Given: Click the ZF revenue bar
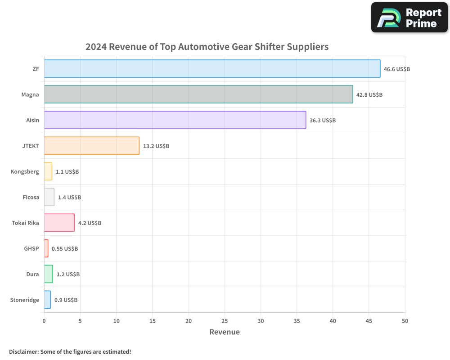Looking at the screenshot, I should [x=212, y=69].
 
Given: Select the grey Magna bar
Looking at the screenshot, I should [x=198, y=94].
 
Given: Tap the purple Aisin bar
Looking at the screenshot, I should [x=175, y=120].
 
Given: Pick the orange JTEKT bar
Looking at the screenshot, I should [x=92, y=146].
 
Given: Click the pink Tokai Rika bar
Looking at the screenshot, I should [x=59, y=223].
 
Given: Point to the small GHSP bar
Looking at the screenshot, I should [x=46, y=248].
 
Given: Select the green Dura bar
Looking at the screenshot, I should [x=49, y=274].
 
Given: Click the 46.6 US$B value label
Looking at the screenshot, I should [x=397, y=69].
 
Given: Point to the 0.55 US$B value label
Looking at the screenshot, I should [x=65, y=249].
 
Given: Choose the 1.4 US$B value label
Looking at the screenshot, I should [x=69, y=198].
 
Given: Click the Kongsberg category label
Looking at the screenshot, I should [x=25, y=172].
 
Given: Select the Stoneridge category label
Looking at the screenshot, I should [x=24, y=300].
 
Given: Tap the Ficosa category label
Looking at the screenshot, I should [x=31, y=198].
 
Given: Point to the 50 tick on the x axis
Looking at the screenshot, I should [x=405, y=321].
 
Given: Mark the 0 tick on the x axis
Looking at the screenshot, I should [x=44, y=321].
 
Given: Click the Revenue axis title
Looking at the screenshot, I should [x=225, y=332].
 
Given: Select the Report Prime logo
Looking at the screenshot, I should [x=409, y=18].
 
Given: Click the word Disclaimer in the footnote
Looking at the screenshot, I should [x=23, y=352].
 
